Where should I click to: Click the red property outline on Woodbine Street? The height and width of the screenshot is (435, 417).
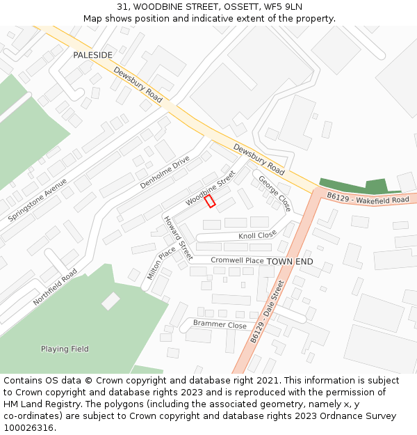click(x=210, y=200)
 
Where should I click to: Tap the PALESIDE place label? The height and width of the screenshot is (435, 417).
click(x=92, y=55)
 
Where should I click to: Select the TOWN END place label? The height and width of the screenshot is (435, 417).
click(x=290, y=261)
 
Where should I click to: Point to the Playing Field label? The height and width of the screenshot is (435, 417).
click(x=65, y=349)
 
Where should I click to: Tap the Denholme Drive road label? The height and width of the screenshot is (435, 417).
click(x=165, y=172)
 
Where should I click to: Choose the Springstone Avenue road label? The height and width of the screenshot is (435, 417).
click(x=38, y=200)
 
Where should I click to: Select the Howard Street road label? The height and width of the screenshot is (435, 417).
click(x=178, y=237)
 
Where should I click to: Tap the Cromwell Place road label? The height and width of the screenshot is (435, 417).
click(x=237, y=260)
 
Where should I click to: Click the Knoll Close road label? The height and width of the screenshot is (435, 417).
click(x=257, y=235)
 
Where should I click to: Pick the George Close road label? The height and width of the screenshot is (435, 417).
click(x=275, y=193)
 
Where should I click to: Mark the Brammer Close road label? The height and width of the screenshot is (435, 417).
click(x=220, y=324)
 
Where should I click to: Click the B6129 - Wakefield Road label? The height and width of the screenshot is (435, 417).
click(x=368, y=198)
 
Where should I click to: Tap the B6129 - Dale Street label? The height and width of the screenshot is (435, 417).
click(x=268, y=312)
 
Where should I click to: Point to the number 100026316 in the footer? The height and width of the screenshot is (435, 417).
click(x=28, y=427)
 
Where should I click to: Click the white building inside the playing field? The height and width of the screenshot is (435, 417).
click(x=111, y=301)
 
